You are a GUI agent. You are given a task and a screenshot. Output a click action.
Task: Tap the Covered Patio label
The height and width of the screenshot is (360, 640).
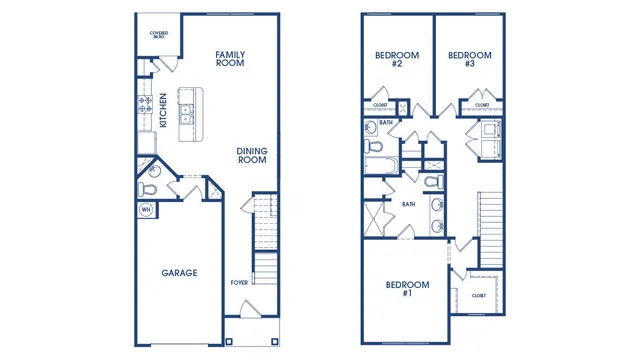(158, 35)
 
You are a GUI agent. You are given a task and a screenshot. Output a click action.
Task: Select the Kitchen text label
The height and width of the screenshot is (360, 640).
(163, 111)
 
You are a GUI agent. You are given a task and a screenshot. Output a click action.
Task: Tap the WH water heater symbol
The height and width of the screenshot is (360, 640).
(146, 210)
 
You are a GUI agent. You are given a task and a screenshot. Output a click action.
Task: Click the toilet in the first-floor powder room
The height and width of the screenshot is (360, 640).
(150, 186)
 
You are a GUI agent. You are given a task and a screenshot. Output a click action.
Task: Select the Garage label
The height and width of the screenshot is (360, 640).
(180, 272)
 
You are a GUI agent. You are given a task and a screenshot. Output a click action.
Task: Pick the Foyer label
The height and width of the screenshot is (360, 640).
(239, 283)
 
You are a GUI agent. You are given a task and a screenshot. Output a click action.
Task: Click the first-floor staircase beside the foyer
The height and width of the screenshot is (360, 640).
(265, 240)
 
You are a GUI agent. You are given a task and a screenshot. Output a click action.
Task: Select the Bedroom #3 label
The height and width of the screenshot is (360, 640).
(468, 59)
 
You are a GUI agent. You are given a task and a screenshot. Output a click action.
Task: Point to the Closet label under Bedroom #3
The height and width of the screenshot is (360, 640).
(482, 104)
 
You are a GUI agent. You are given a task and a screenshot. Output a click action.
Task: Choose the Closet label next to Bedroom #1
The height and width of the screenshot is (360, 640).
(479, 295)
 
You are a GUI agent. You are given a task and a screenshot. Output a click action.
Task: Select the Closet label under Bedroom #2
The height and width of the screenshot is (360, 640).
(380, 104)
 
